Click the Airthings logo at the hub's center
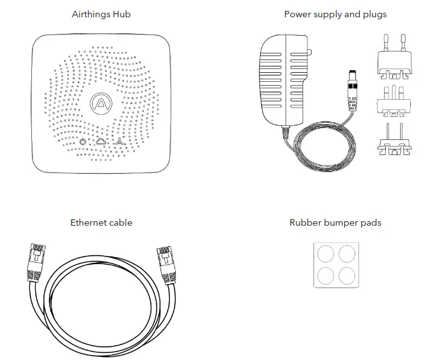click(100, 103)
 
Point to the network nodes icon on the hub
click(119, 141)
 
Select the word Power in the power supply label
click(297, 14)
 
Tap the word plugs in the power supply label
click(374, 14)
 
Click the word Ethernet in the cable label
click(88, 223)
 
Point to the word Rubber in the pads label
click(304, 223)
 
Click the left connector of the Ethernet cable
click(35, 262)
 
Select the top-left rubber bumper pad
click(325, 254)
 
